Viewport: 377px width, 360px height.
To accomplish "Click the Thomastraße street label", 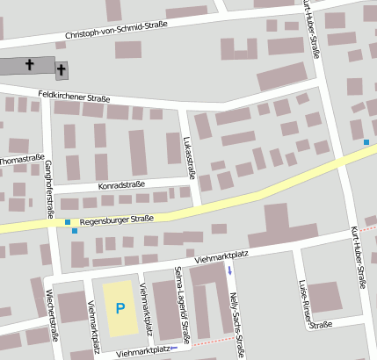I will [x=22, y=160].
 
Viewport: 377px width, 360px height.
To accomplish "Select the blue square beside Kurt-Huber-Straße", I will [x=366, y=142].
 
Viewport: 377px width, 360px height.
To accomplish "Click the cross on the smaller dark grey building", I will [x=62, y=68].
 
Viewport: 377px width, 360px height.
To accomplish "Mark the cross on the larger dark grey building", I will [x=31, y=64].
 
